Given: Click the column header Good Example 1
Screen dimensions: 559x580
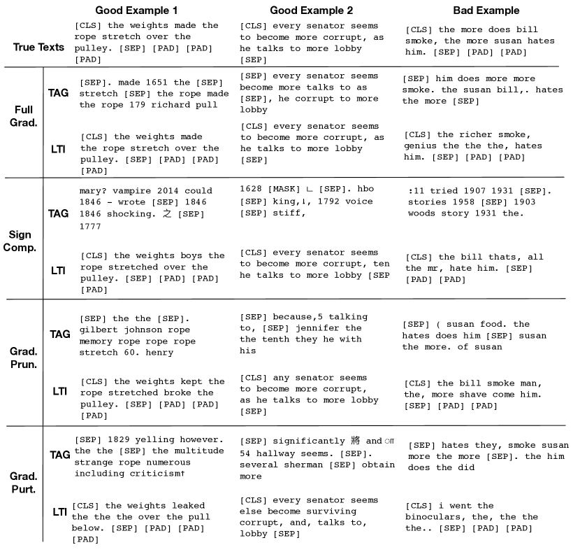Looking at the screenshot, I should (x=136, y=10).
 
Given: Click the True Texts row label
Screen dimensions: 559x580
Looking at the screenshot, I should (x=38, y=47).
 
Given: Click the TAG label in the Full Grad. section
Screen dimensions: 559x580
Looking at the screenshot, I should (x=59, y=92).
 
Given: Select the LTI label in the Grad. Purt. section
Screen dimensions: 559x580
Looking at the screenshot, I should (x=59, y=511).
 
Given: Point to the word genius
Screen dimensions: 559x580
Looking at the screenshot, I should (x=423, y=146).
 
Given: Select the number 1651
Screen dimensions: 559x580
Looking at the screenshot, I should (x=140, y=83).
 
